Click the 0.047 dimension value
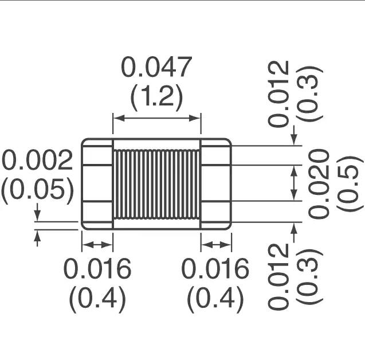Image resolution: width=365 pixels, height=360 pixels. [156, 67]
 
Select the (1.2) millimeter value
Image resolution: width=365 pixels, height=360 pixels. [157, 97]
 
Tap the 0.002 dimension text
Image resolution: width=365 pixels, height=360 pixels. [37, 160]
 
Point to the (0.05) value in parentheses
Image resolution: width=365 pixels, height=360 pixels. [37, 190]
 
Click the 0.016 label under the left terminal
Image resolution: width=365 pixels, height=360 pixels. [97, 269]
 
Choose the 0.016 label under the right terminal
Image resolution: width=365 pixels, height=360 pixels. [215, 269]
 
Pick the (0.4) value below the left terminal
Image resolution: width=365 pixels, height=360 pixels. [97, 299]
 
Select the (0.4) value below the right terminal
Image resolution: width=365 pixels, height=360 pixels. [215, 299]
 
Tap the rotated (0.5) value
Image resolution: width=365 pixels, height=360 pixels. [350, 185]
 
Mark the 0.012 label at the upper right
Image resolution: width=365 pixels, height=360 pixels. [278, 94]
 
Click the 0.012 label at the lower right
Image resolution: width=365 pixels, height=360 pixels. [278, 276]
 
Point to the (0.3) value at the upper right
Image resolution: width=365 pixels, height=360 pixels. [309, 94]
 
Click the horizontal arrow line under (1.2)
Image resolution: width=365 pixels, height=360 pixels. [156, 118]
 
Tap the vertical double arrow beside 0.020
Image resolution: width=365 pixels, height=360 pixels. [295, 183]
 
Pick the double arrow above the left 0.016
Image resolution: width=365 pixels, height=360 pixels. [97, 245]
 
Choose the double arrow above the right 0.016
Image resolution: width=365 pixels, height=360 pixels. [216, 245]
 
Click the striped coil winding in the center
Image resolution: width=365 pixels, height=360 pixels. [156, 184]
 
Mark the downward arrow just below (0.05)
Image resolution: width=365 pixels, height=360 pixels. [37, 212]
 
